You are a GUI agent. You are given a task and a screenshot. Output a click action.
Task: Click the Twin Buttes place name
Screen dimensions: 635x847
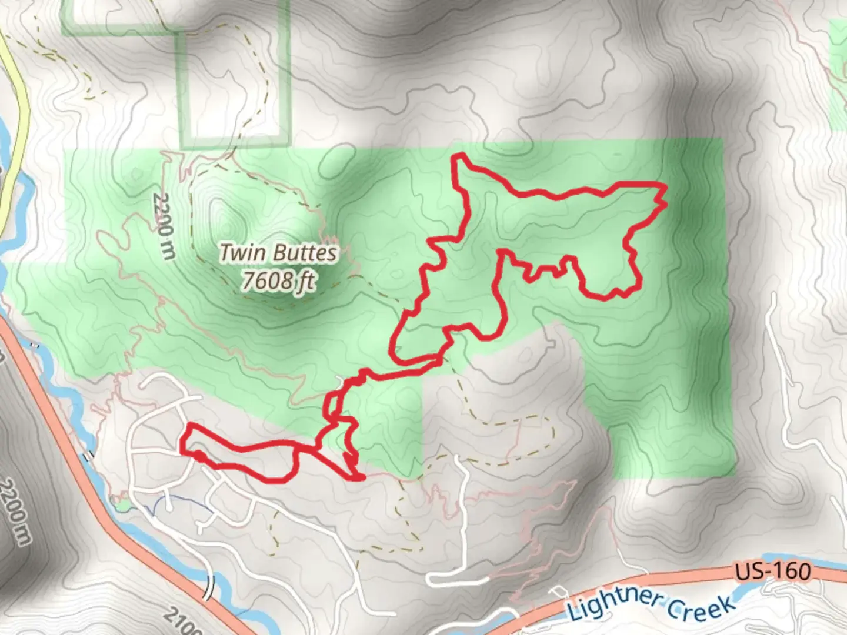(279, 253)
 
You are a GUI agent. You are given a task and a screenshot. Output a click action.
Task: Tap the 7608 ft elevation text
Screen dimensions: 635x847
(279, 282)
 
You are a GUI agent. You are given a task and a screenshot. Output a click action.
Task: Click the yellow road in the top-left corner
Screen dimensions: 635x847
(18, 88)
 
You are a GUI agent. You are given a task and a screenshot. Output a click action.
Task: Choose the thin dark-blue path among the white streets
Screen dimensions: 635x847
(176, 503)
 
